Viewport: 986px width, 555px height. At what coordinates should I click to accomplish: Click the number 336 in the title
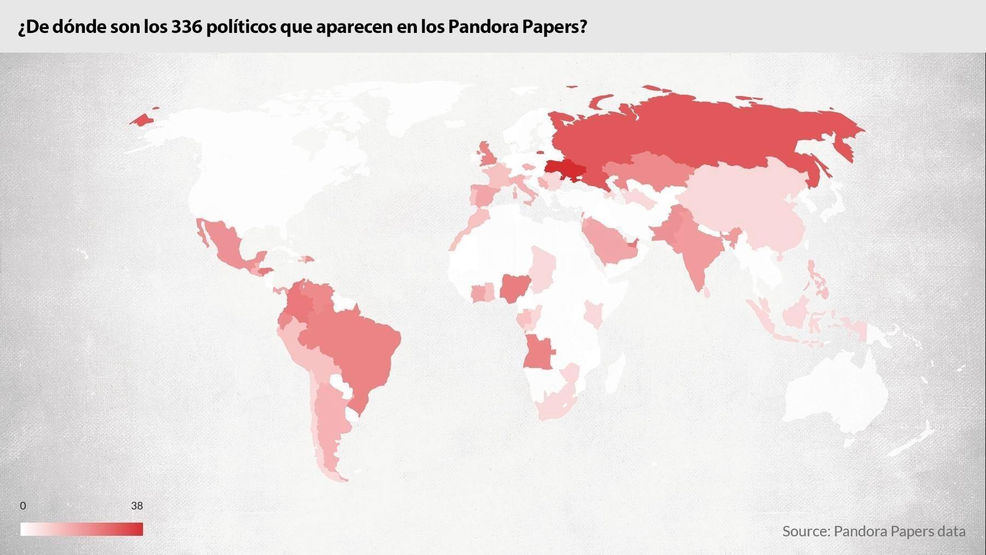pos(186,27)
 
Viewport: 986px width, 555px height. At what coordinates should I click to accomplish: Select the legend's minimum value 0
pos(22,506)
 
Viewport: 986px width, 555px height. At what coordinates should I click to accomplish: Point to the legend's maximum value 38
pos(136,506)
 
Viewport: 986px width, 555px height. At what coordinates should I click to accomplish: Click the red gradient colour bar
pos(82,529)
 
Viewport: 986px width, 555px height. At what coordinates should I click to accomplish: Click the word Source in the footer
pos(805,531)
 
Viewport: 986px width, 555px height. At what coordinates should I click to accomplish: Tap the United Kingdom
pos(488,156)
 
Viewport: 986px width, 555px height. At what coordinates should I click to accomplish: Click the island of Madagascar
pos(616,373)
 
